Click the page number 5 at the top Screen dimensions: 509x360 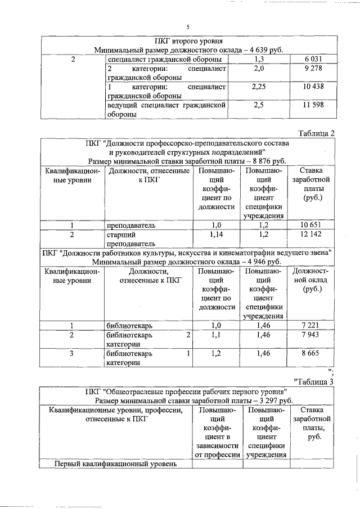(188, 27)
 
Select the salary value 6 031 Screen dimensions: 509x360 (315, 59)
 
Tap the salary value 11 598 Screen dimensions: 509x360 (314, 105)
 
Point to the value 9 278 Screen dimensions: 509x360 (315, 68)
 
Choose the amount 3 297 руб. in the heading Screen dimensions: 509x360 (272, 400)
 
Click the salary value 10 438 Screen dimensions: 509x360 (314, 87)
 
